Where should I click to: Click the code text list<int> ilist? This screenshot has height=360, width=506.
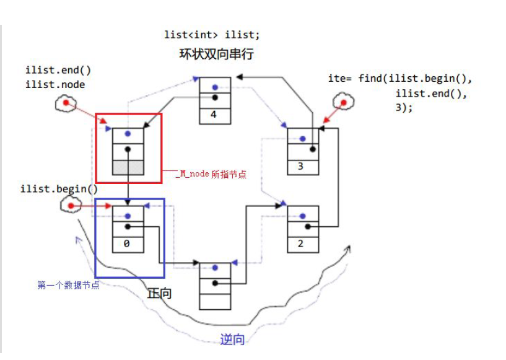tap(212, 35)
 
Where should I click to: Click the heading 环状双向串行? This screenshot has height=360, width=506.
tap(216, 55)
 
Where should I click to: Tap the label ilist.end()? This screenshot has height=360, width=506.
tap(54, 71)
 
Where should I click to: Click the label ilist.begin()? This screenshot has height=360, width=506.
tap(59, 189)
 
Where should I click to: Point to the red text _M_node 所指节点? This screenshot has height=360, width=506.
tap(210, 174)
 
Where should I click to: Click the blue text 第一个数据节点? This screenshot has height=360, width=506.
tap(69, 285)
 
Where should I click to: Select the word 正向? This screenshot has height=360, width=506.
tap(159, 294)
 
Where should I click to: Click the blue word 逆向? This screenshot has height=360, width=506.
tap(232, 340)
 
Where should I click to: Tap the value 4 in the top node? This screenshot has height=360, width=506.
tap(214, 115)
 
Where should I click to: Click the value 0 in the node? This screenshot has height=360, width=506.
tap(128, 244)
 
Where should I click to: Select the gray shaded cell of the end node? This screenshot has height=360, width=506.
tap(128, 167)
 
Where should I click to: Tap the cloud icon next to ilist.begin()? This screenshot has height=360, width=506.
tap(71, 205)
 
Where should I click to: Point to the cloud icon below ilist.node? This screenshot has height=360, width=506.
tap(65, 105)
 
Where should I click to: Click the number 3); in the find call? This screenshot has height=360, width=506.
tap(404, 107)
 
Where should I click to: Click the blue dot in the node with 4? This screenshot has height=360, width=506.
tap(214, 87)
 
